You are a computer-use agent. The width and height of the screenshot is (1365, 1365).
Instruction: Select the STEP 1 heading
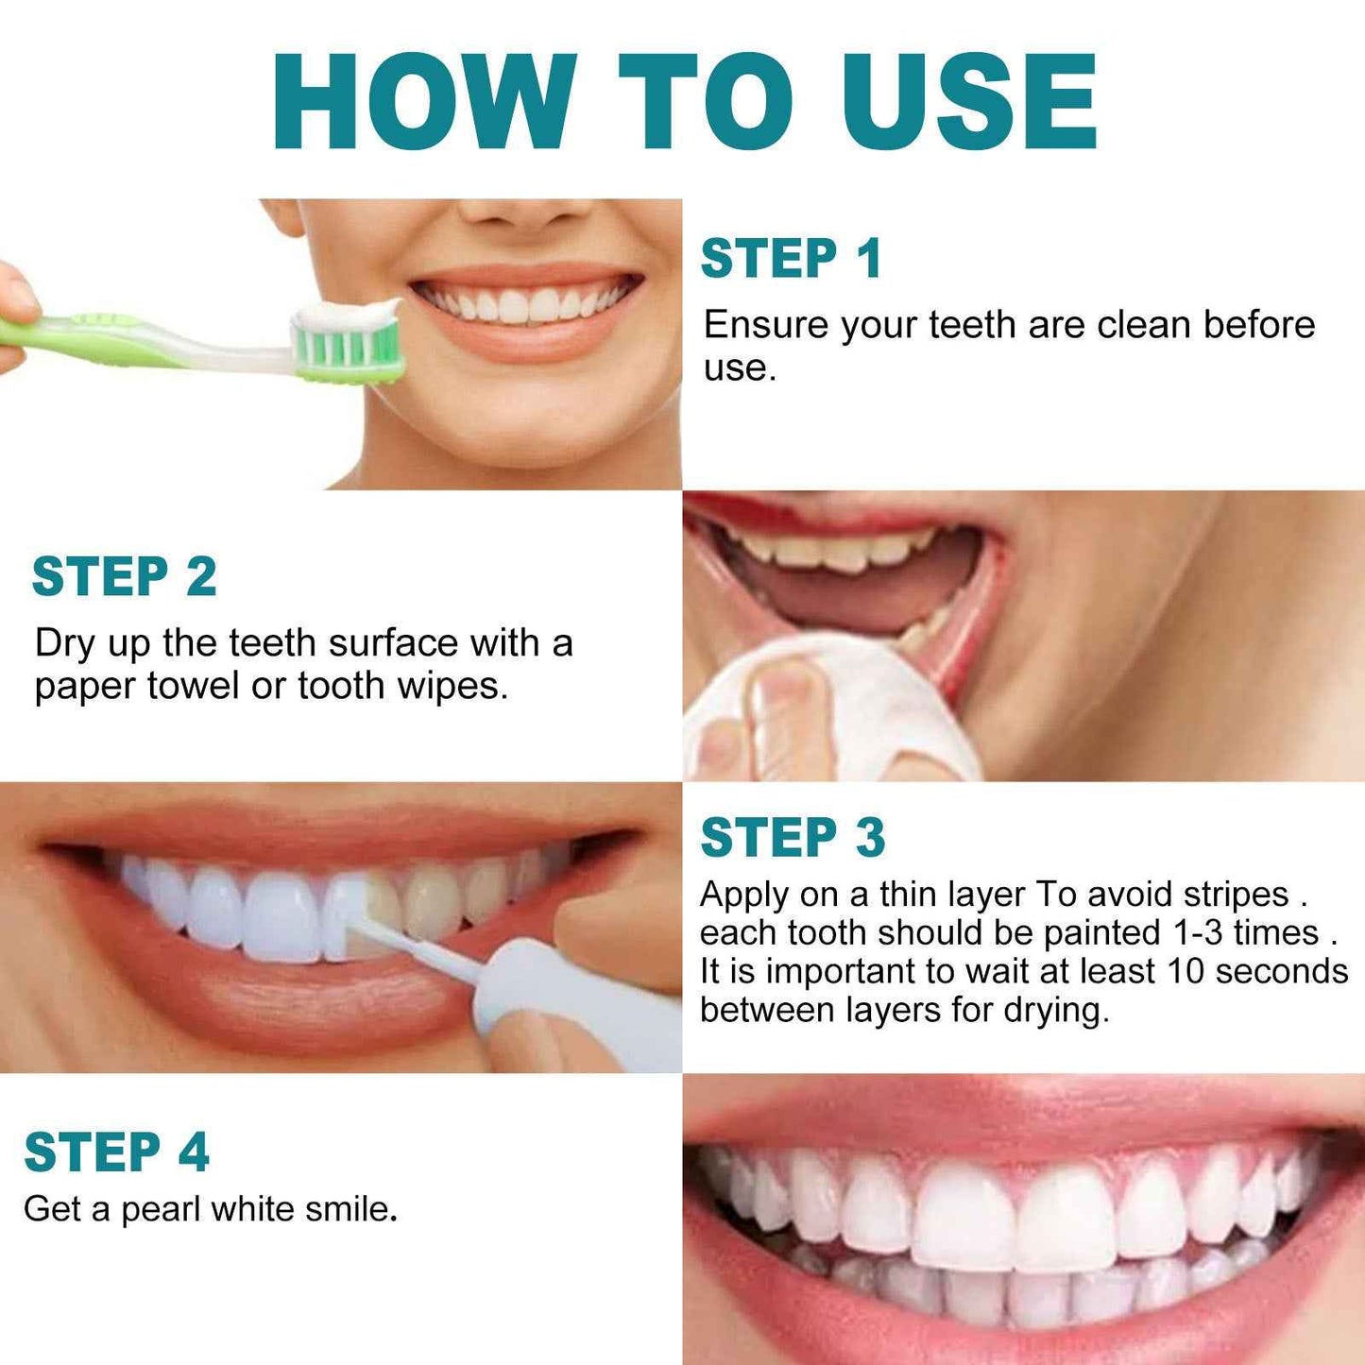[x=791, y=259]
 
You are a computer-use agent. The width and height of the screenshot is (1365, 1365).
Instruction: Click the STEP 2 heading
[x=124, y=577]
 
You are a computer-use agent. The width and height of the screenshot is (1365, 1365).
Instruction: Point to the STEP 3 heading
[x=793, y=838]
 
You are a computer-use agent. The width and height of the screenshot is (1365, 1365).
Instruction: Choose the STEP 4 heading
[x=116, y=1152]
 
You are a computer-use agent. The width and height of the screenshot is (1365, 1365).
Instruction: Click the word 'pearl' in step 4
[x=162, y=1209]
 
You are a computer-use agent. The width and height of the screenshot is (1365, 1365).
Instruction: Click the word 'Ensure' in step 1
[x=766, y=325]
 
